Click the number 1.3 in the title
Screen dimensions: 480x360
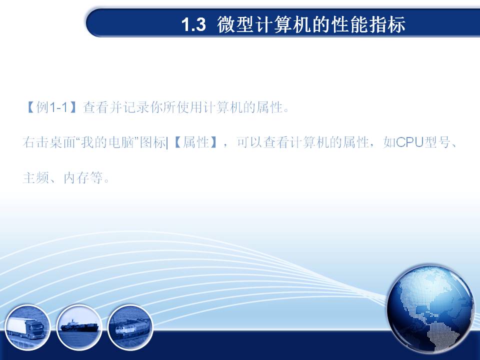(194, 24)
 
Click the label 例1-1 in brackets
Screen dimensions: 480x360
(51, 107)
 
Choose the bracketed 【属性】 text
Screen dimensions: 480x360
(195, 142)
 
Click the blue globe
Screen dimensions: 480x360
(430, 309)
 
